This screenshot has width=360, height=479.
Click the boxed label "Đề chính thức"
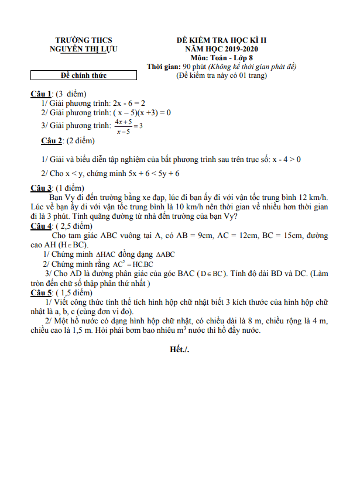tap(84, 75)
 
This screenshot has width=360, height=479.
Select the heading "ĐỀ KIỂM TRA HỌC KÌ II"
tap(222, 40)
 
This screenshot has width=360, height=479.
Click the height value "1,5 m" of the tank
tap(78, 330)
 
